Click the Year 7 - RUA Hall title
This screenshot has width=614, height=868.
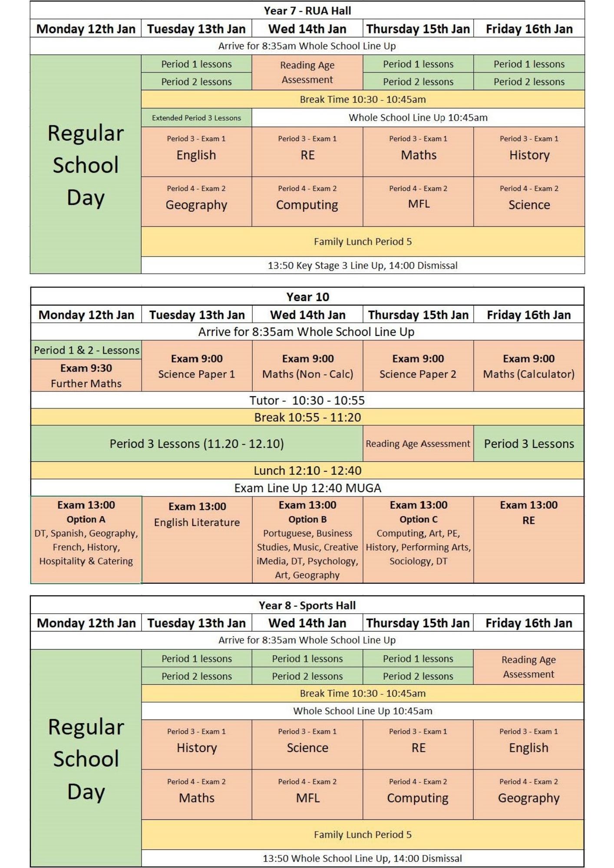click(307, 10)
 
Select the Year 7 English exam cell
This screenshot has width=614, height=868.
click(196, 151)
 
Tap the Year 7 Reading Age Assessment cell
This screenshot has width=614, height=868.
click(307, 72)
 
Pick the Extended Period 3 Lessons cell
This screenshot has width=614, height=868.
click(196, 118)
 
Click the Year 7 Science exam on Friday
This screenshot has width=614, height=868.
click(529, 201)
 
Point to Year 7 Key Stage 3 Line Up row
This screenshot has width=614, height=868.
click(363, 265)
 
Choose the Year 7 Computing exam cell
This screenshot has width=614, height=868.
click(307, 201)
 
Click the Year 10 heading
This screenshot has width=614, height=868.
click(307, 297)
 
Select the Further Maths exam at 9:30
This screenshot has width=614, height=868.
click(86, 376)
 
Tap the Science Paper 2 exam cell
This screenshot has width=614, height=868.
click(418, 366)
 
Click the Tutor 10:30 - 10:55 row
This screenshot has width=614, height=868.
click(307, 400)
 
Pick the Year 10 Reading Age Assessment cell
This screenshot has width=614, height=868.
click(418, 444)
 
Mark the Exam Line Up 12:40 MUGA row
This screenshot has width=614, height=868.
click(307, 488)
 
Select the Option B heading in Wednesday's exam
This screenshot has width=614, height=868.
click(307, 519)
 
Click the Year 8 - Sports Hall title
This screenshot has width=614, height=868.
click(307, 605)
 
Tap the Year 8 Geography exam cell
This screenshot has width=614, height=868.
click(528, 795)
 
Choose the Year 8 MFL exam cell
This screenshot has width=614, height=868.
click(307, 795)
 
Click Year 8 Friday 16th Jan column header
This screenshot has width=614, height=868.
click(528, 623)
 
